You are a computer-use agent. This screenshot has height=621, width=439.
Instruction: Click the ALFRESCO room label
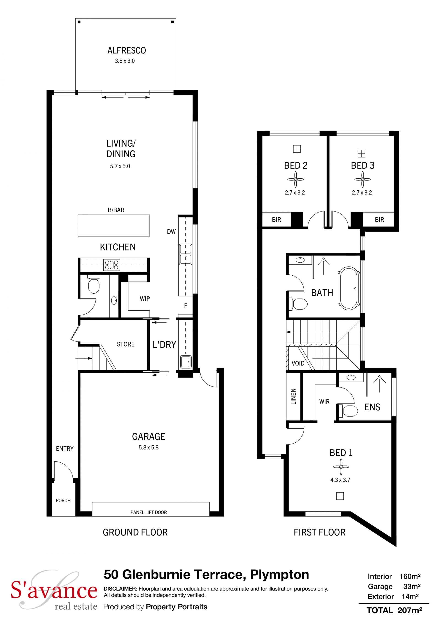pyautogui.click(x=126, y=50)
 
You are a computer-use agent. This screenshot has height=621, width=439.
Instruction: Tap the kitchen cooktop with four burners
pyautogui.click(x=112, y=265)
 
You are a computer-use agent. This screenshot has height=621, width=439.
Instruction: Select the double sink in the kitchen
pyautogui.click(x=185, y=254)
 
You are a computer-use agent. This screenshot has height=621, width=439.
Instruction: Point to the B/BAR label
pyautogui.click(x=116, y=210)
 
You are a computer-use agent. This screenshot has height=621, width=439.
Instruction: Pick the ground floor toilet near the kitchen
pyautogui.click(x=94, y=284)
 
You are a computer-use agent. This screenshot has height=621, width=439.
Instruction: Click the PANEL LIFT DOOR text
pyautogui.click(x=148, y=512)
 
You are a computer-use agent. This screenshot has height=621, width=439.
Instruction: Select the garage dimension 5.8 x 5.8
pyautogui.click(x=148, y=447)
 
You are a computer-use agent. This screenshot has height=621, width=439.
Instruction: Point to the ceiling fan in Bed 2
pyautogui.click(x=295, y=179)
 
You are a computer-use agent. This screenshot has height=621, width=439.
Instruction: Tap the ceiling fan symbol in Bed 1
pyautogui.click(x=341, y=467)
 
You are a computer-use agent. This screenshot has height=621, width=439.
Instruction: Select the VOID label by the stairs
pyautogui.click(x=298, y=363)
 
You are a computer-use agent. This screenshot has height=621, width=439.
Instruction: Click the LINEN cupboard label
pyautogui.click(x=293, y=397)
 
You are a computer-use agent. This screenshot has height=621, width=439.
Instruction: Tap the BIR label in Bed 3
pyautogui.click(x=379, y=220)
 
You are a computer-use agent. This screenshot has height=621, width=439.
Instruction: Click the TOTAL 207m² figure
pyautogui.click(x=394, y=610)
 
